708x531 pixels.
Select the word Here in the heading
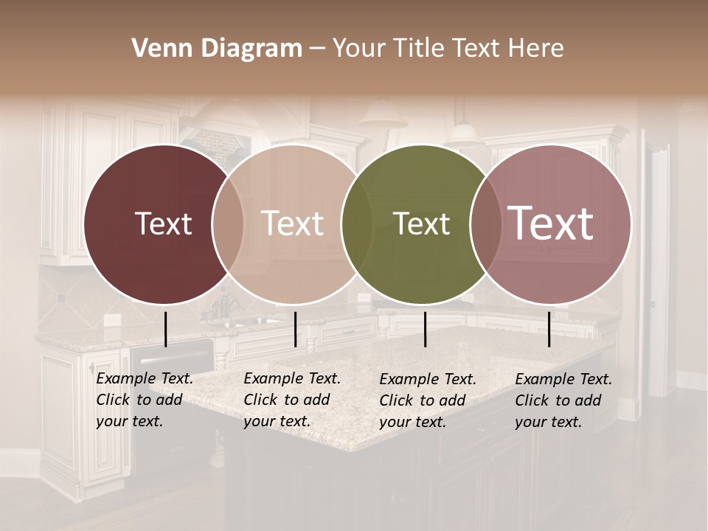point(536,49)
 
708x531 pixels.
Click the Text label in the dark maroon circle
point(163,223)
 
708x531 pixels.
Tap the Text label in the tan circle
point(292,223)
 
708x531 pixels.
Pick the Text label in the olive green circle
point(421,223)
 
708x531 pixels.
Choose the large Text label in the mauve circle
point(550,223)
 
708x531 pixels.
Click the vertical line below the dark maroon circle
point(165,329)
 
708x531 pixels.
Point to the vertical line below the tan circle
point(295,329)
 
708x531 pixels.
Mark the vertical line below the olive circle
point(425,329)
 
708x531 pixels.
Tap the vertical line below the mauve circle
point(549,329)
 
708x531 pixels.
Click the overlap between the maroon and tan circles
point(228,223)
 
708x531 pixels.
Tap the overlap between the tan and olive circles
point(357,223)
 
